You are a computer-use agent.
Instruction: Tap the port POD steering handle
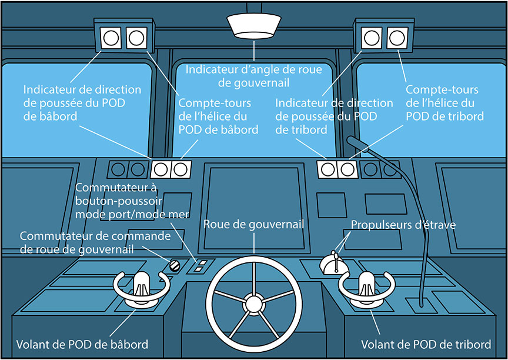point(142,286)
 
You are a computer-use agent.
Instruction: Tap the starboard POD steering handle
point(366,286)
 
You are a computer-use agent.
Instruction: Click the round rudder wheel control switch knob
point(175,265)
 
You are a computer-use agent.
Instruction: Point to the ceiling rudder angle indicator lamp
point(254,26)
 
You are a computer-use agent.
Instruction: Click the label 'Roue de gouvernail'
point(254,225)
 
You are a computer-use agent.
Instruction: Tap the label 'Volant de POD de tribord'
point(426,344)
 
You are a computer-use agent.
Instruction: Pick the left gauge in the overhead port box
point(111,38)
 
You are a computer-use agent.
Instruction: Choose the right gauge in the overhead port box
point(136,38)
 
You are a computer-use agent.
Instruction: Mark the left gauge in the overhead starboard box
point(372,38)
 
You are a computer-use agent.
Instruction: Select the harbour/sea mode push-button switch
point(200,266)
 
